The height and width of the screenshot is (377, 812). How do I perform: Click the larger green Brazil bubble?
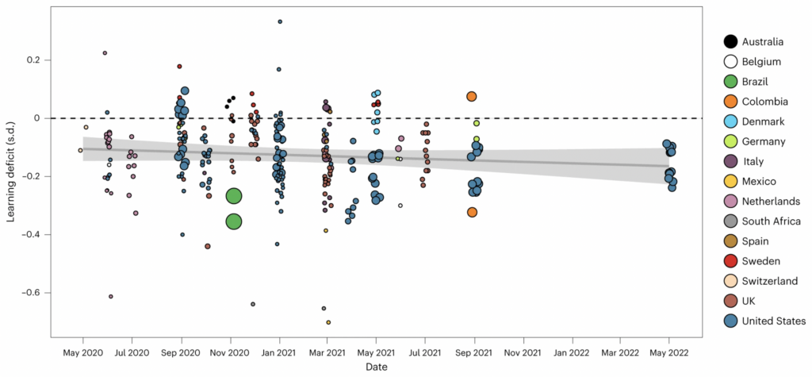pos(234,221)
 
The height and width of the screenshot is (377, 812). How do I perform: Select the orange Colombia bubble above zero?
pos(471,97)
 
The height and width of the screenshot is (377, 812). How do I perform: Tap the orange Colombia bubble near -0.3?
pos(472,212)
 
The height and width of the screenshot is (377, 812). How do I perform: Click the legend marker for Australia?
pos(730,41)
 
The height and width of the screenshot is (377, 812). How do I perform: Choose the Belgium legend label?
pos(762,61)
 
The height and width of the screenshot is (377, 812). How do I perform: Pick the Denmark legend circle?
pos(730,121)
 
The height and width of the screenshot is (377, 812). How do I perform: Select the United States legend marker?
pos(730,321)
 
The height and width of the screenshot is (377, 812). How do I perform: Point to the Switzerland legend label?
pos(770,281)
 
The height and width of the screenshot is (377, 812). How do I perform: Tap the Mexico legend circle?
pos(730,181)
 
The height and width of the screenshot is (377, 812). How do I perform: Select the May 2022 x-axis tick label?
pos(668,351)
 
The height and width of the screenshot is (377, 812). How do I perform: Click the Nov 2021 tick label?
pos(522,351)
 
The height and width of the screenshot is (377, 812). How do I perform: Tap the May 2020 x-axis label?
pos(81,351)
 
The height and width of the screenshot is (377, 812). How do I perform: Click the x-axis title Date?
pos(377,367)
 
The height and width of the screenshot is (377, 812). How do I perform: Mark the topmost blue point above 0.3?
pos(280,21)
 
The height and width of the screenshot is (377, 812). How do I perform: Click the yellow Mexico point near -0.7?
pos(328,322)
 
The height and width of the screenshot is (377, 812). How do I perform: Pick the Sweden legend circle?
pos(730,261)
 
